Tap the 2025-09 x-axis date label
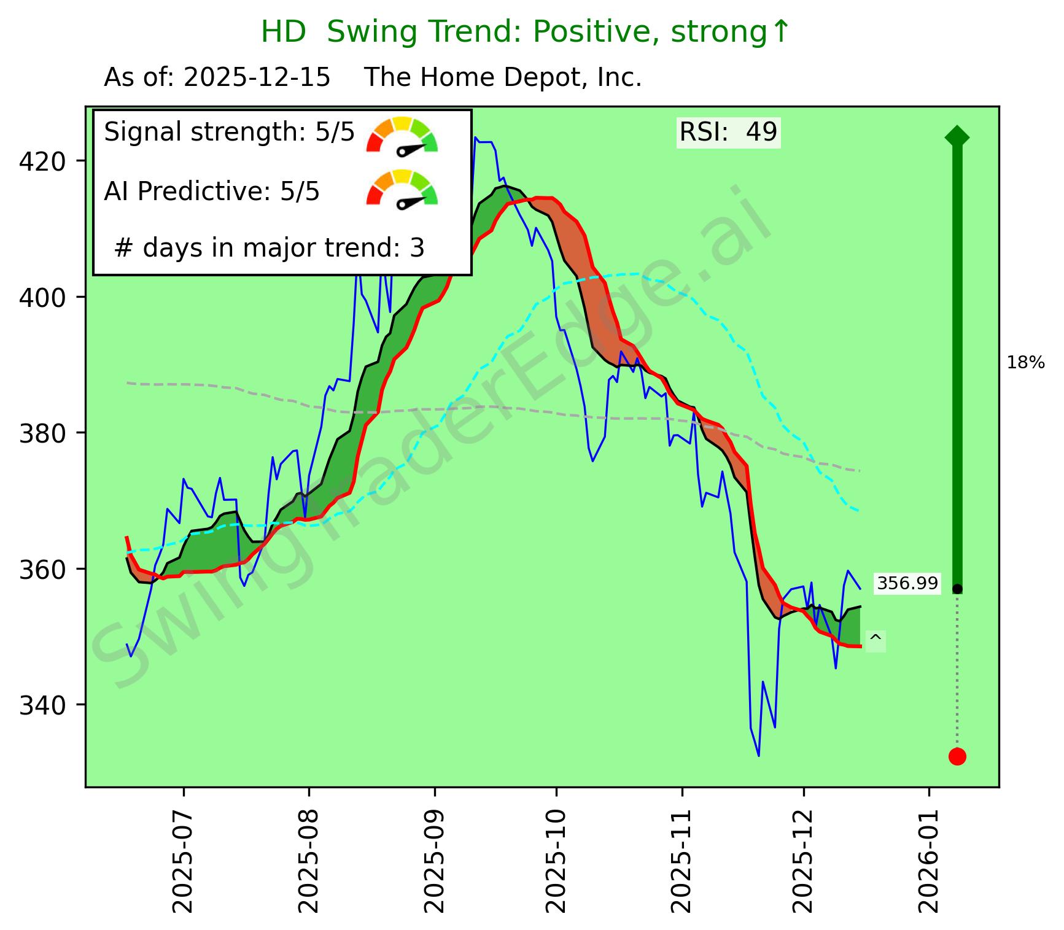coord(434,856)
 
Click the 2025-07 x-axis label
coord(182,856)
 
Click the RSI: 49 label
coord(728,132)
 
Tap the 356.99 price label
coord(907,583)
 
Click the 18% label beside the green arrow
coord(1025,363)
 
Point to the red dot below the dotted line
coord(957,756)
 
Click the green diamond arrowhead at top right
coord(957,136)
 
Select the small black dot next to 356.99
coord(957,589)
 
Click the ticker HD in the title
coord(283,32)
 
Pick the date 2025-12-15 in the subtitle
coord(257,78)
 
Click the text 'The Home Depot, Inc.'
coord(503,78)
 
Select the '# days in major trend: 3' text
coord(269,248)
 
